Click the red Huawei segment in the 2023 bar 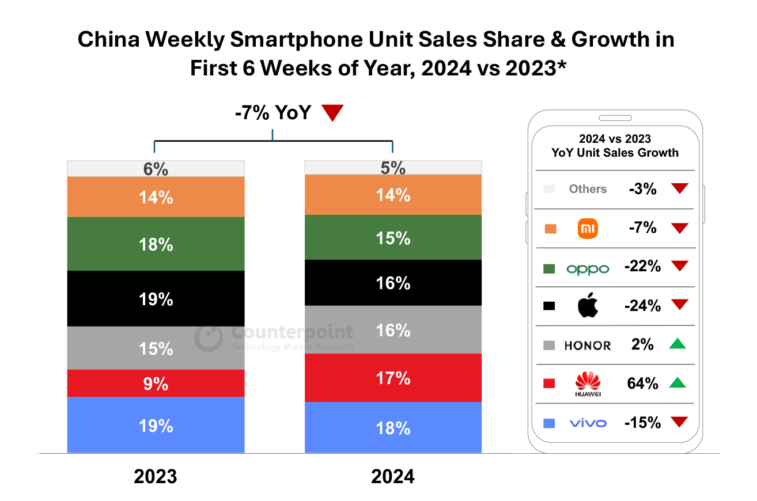pyautogui.click(x=156, y=383)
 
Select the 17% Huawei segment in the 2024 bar pyautogui.click(x=393, y=378)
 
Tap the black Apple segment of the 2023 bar pyautogui.click(x=156, y=299)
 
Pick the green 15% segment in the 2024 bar pyautogui.click(x=393, y=237)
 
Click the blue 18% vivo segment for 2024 pyautogui.click(x=393, y=427)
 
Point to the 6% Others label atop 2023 pyautogui.click(x=156, y=169)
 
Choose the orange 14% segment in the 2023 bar pyautogui.click(x=156, y=197)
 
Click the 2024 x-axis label pyautogui.click(x=393, y=477)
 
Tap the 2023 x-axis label pyautogui.click(x=156, y=477)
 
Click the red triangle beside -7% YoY pyautogui.click(x=332, y=113)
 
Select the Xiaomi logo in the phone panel pyautogui.click(x=588, y=229)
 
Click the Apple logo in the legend pyautogui.click(x=588, y=306)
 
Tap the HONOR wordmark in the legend pyautogui.click(x=588, y=346)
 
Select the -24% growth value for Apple pyautogui.click(x=642, y=306)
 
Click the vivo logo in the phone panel pyautogui.click(x=588, y=423)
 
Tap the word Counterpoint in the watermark pyautogui.click(x=292, y=333)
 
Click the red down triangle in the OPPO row pyautogui.click(x=680, y=267)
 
